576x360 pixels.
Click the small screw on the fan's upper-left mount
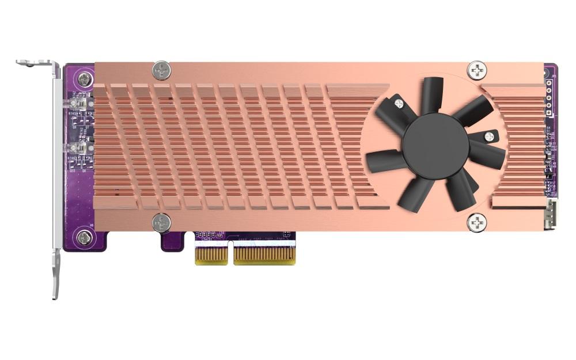[399, 104]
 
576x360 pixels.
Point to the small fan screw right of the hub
[489, 137]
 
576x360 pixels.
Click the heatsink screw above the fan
[477, 70]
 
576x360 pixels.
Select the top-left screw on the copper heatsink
[162, 71]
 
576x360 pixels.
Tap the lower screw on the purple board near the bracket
[85, 236]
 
